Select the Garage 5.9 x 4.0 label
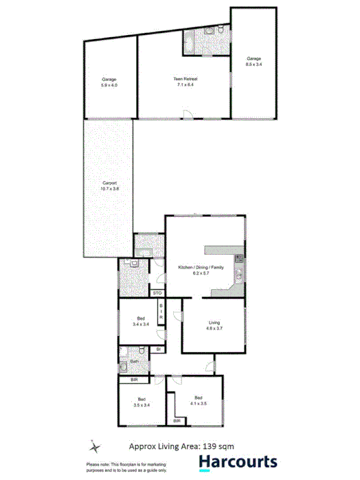tap(109, 82)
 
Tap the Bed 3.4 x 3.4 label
tap(140, 321)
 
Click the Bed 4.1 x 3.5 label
tap(199, 400)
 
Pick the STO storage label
tap(157, 293)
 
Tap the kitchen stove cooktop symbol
tap(240, 259)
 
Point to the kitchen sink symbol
tap(238, 276)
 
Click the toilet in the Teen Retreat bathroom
tap(218, 32)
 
